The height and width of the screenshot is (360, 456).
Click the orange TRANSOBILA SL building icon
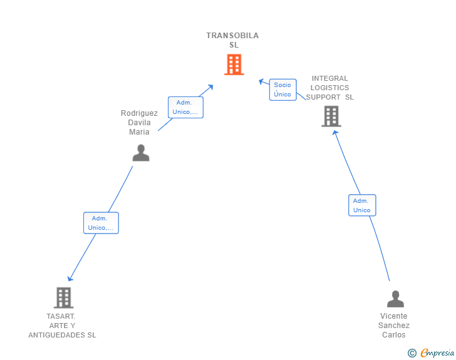pos(234,64)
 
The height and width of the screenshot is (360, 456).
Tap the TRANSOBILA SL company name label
pos(232,40)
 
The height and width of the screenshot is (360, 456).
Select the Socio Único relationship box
pos(282,90)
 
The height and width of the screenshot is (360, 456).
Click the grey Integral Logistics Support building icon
pos(331,116)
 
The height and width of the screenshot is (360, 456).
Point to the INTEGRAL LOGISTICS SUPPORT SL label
pos(329,88)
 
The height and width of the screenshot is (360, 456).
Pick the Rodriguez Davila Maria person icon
pos(141,153)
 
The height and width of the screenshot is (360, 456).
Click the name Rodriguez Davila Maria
pos(139,123)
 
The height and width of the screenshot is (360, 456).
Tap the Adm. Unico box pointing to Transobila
pos(185,107)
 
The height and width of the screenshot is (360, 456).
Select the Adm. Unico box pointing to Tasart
pos(101,223)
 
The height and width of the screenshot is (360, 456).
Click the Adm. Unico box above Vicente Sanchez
pos(362,205)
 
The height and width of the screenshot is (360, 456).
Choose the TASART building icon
pos(63,297)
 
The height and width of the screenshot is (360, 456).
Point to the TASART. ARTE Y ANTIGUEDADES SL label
pos(62,326)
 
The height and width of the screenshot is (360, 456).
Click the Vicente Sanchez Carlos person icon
pos(395,299)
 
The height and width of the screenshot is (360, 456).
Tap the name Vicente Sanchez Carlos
pos(394,325)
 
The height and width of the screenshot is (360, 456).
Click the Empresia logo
pos(437,352)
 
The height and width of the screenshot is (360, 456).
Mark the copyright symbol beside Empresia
pos(412,353)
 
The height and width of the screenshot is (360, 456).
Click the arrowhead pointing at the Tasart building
pos(70,279)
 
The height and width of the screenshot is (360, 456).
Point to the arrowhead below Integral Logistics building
pos(335,133)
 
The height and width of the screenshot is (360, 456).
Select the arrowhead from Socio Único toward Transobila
pos(261,81)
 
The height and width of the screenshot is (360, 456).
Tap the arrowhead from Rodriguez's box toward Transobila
pos(210,86)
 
